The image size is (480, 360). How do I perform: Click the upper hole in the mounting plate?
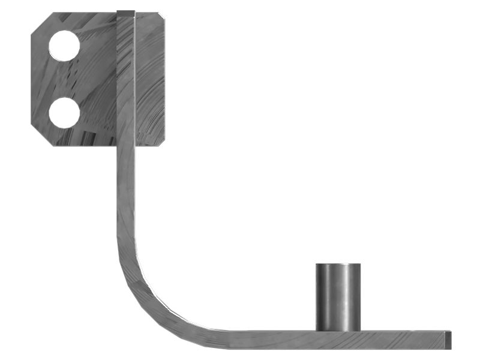(x=64, y=46)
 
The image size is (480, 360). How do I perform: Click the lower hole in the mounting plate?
(x=64, y=113)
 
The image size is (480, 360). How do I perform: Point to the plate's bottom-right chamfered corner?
(x=161, y=142)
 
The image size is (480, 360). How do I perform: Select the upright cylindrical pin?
(x=338, y=297)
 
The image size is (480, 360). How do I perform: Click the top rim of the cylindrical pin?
(x=338, y=265)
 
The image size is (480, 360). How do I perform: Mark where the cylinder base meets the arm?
(x=338, y=330)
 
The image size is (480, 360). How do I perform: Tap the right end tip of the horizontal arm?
(x=449, y=339)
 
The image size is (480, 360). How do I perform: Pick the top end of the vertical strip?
(x=126, y=13)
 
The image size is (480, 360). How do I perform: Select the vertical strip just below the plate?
(x=125, y=180)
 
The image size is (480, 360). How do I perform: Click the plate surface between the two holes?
(x=64, y=79)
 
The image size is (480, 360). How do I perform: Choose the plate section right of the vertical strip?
(x=150, y=78)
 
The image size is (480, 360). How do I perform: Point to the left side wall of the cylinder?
(x=319, y=297)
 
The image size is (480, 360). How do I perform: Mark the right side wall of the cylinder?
(x=359, y=297)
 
